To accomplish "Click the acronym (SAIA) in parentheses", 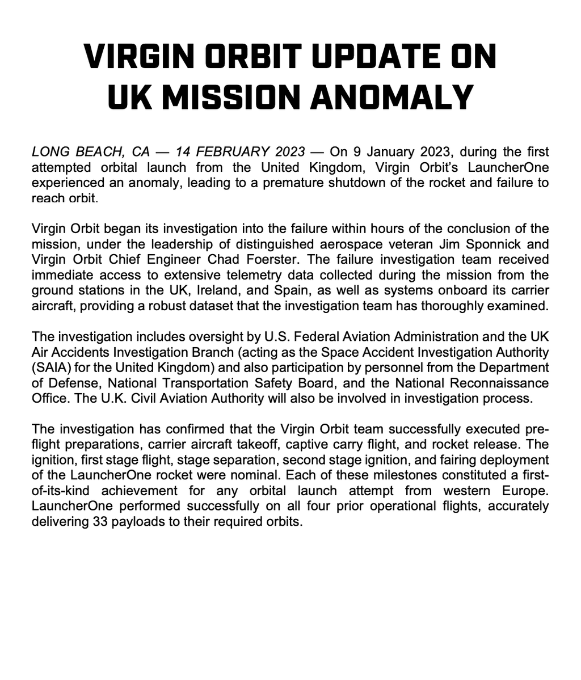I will tap(53, 367).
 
